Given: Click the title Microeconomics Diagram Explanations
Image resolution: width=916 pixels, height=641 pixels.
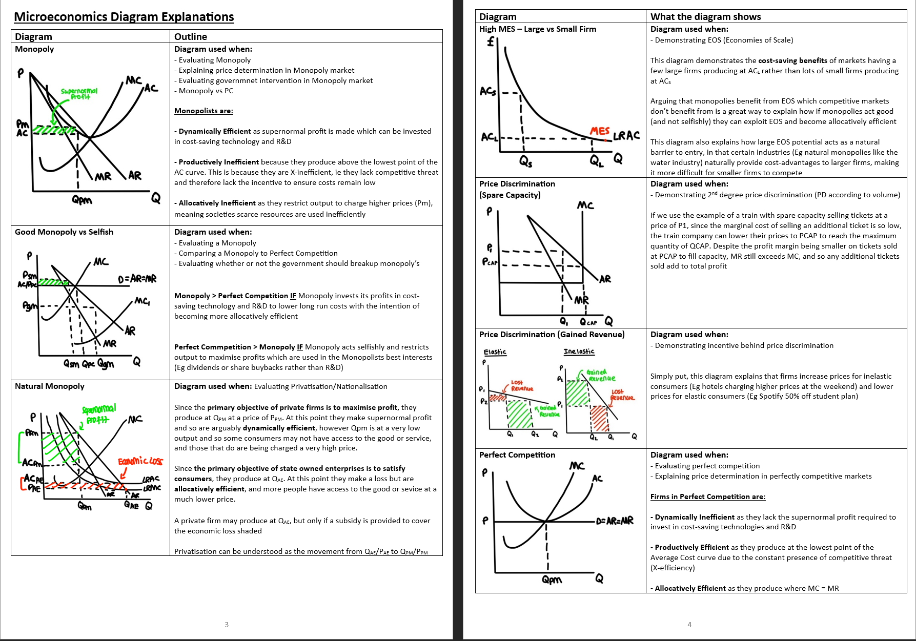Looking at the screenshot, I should tap(124, 17).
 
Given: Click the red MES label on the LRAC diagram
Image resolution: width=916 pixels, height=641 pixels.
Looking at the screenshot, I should tap(599, 131).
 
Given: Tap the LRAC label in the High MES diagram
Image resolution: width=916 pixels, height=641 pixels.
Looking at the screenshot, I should tap(626, 136).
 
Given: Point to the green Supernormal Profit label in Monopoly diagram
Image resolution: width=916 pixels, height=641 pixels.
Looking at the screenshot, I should tap(79, 94).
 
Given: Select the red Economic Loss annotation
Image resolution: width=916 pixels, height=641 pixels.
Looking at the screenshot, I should tap(140, 461).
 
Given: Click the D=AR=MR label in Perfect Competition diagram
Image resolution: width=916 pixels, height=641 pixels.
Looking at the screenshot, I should tap(615, 521).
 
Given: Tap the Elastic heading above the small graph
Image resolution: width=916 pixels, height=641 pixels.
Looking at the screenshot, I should tap(495, 352).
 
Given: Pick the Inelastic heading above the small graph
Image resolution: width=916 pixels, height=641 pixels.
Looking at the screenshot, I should tap(579, 351).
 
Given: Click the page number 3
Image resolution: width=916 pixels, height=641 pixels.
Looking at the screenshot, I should tap(227, 624).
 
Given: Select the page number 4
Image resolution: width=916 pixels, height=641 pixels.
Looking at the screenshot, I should tap(689, 624).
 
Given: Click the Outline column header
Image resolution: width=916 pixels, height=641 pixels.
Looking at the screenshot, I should tap(191, 36).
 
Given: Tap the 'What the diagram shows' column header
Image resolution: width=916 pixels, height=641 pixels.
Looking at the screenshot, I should tap(705, 16).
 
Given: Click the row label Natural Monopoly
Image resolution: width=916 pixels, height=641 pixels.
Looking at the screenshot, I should tap(50, 386).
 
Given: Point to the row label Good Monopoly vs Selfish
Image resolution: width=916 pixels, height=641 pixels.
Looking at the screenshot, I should tap(64, 232).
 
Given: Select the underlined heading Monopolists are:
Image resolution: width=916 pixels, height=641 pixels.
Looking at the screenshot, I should tap(203, 111).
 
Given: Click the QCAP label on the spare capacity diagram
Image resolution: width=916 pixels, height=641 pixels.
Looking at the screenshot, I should tap(588, 322).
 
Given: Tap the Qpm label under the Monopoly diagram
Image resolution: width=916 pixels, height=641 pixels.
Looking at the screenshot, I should tap(82, 200).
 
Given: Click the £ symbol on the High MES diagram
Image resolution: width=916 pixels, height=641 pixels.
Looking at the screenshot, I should tap(491, 42).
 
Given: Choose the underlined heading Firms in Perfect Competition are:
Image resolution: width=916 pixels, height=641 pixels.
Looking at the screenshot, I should tap(707, 497).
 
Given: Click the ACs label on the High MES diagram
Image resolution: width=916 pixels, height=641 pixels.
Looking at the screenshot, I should tap(488, 92).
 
